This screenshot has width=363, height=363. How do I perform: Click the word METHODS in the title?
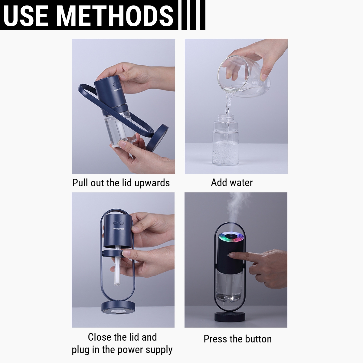[114, 16]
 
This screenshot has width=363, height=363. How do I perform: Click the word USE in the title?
[26, 16]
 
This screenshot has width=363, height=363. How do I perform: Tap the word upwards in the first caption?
[152, 183]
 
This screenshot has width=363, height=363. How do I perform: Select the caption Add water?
[232, 182]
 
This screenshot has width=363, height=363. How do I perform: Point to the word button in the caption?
[258, 339]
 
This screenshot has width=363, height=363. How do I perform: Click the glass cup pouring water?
[244, 76]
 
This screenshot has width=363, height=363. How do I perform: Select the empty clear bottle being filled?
[226, 140]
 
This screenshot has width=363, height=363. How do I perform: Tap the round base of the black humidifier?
[230, 317]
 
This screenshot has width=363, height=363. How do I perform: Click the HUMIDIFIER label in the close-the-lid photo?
[119, 229]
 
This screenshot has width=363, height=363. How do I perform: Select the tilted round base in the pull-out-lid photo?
[157, 138]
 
